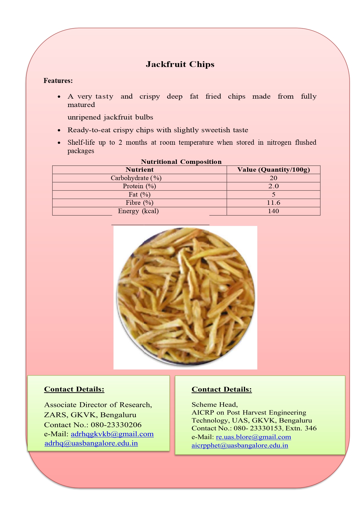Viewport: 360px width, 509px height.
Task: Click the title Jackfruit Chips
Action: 180,64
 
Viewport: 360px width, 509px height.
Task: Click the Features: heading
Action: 58,81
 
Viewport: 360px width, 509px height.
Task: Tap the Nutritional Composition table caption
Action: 181,162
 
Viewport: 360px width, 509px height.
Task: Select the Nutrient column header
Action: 140,170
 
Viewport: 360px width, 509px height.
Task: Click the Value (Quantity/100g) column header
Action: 273,170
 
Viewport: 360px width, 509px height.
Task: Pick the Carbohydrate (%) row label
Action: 136,178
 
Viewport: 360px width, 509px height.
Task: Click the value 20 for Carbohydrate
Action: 273,178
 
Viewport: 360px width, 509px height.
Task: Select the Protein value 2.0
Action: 273,186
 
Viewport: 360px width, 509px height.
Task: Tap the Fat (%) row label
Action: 140,195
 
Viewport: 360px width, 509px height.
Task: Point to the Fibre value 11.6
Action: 273,203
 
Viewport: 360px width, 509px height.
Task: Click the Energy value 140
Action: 273,211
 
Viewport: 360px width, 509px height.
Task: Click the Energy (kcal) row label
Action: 138,211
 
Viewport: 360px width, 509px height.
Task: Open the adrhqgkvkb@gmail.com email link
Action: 112,434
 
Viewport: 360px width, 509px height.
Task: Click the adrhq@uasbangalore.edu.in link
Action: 91,443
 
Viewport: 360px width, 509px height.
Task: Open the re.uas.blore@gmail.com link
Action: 253,437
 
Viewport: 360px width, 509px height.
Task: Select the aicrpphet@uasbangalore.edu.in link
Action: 240,445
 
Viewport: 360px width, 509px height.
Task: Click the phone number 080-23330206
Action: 116,425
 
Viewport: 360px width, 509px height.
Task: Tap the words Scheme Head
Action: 214,405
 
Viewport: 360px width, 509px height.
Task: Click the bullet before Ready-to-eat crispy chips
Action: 59,131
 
